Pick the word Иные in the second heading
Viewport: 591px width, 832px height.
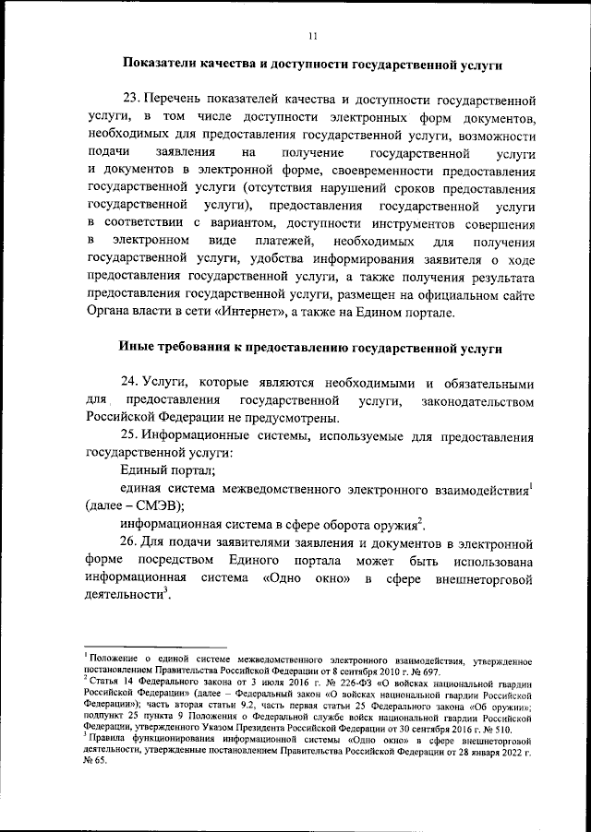coord(137,349)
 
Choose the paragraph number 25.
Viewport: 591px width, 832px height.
coord(129,434)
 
